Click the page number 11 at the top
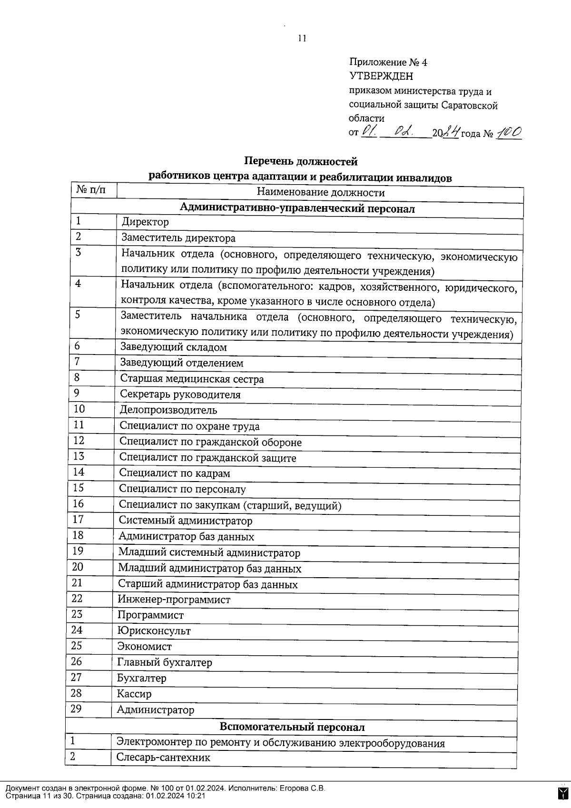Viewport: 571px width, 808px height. click(x=302, y=39)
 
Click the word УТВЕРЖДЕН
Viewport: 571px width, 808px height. click(x=381, y=76)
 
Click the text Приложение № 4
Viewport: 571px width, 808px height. click(x=388, y=62)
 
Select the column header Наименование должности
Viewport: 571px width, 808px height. click(x=320, y=193)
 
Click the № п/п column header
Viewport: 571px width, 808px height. click(x=91, y=190)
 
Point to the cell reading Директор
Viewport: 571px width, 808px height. click(x=145, y=222)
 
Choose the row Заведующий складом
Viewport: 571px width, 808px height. click(x=173, y=347)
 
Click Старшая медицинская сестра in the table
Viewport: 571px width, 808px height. click(x=191, y=379)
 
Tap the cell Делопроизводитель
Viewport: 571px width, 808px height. click(x=168, y=410)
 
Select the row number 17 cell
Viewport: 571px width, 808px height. click(x=78, y=519)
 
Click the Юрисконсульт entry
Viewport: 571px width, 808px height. click(x=154, y=631)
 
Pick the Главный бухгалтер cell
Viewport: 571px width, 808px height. click(x=164, y=662)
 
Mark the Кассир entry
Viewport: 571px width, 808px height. click(x=134, y=694)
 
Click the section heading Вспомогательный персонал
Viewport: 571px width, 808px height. click(x=292, y=727)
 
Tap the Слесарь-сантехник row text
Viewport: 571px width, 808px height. click(x=163, y=757)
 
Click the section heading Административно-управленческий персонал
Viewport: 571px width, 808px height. click(x=297, y=208)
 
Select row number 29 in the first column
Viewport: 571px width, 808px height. click(x=76, y=709)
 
